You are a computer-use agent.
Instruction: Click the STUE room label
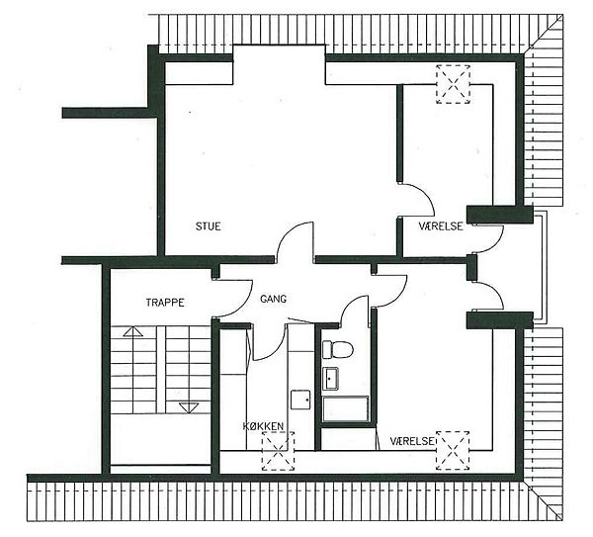point(208,226)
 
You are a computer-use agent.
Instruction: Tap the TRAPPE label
point(165,303)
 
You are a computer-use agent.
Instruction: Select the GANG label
point(273,299)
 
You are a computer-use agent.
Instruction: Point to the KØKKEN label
point(263,426)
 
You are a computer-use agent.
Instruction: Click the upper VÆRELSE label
point(441,226)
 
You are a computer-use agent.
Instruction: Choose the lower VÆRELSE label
point(412,441)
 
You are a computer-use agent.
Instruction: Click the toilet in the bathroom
point(337,349)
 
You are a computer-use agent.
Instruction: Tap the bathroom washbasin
point(330,378)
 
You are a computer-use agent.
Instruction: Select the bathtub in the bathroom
point(345,408)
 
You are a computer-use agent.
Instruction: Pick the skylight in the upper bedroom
point(453,84)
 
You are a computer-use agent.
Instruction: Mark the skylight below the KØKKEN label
point(279,451)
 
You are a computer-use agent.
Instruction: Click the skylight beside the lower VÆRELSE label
point(453,451)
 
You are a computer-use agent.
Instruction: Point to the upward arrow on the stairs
point(133,331)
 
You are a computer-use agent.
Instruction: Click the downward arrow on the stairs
point(189,407)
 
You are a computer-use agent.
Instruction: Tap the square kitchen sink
point(300,400)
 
